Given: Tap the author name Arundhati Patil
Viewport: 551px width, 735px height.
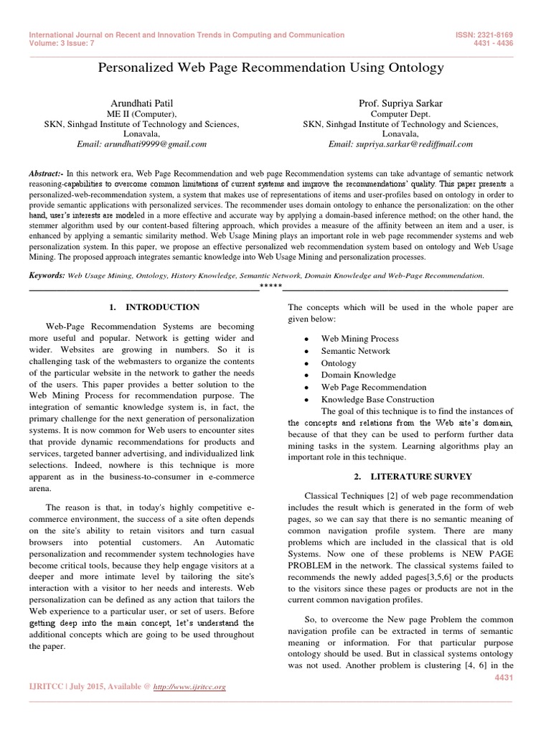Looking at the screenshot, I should coord(141,103).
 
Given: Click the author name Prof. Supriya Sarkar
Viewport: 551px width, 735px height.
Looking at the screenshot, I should coord(400,103).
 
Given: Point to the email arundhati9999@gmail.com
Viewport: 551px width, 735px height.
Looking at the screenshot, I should coord(141,144).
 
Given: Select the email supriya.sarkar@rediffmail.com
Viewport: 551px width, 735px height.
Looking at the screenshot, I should coord(400,144).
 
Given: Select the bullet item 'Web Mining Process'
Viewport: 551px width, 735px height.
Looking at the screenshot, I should coord(359,338).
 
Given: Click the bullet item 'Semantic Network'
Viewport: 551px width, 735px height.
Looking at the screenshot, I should coord(355,351).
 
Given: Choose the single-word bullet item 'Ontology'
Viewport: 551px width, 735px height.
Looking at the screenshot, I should coord(339,363).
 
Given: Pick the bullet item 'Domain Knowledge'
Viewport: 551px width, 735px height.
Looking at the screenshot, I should coord(358,375).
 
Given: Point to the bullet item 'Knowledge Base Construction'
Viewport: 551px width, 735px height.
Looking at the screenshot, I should coord(377,399).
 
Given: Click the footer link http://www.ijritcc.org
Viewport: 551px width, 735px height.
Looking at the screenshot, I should coord(190,687).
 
